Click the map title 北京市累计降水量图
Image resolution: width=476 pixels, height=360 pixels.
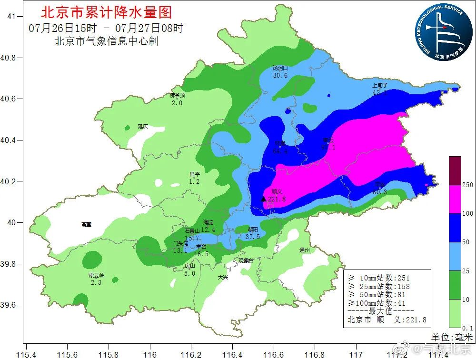pos(106,12)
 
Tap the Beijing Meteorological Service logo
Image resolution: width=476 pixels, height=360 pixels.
pos(440,32)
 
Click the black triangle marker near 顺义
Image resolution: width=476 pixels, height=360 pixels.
pos(264,199)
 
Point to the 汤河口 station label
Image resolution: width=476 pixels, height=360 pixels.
pos(280,68)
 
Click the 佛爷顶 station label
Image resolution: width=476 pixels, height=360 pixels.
pos(177,95)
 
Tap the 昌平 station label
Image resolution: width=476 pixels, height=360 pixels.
pos(194,174)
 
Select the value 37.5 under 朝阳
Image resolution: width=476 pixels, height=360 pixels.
pos(252,237)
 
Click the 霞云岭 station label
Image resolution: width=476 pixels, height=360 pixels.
pos(96,275)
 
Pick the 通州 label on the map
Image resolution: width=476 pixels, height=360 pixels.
pos(305,250)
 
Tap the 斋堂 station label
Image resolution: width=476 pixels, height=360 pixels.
pos(86,224)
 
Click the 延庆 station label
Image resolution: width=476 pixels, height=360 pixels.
pos(143,126)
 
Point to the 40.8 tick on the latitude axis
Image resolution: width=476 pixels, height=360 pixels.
pos(10,58)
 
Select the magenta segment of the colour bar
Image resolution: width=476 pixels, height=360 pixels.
pos(455,199)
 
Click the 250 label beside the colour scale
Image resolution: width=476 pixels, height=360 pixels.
pos(467,185)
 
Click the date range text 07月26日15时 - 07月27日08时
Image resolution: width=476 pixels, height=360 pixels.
pos(106,28)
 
